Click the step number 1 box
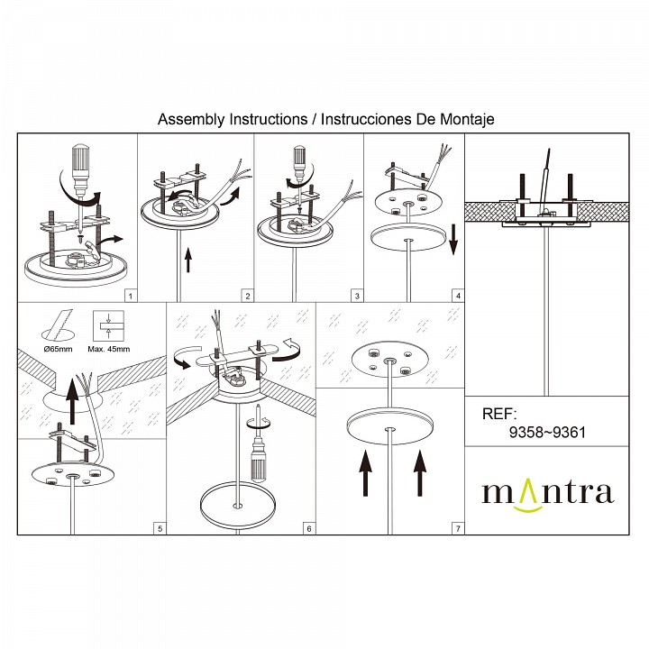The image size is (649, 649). point(131,295)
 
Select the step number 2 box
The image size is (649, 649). point(248,295)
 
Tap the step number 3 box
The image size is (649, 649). point(357,295)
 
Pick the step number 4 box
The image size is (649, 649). point(458,295)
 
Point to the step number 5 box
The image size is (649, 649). point(160,527)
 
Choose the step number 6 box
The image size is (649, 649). point(308,527)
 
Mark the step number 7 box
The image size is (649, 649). point(458,527)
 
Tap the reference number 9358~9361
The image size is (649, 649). point(548,433)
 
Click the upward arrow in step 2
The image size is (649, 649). point(188,261)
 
